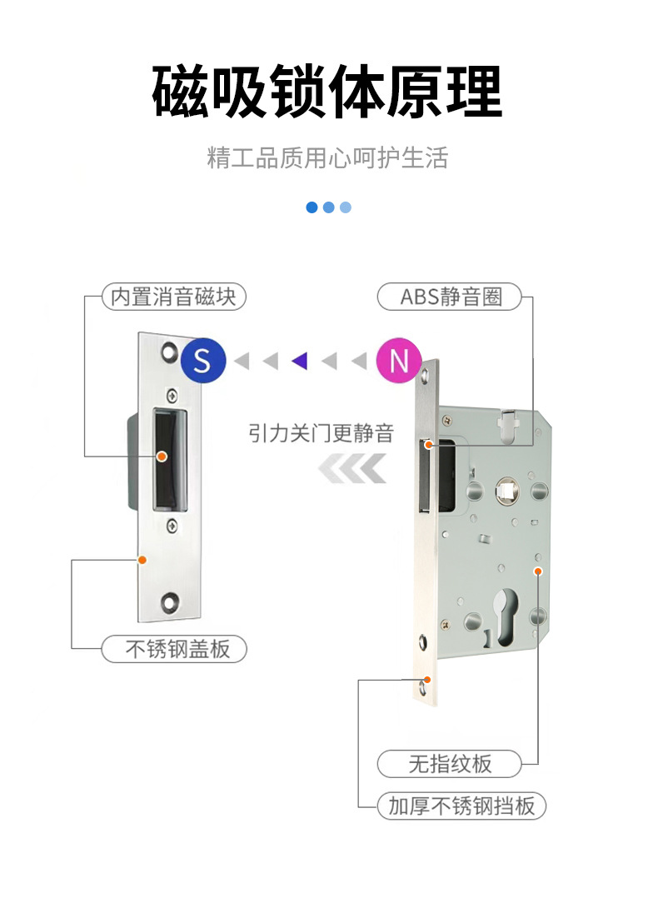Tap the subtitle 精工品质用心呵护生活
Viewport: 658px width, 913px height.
327,158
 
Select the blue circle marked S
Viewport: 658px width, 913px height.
203,360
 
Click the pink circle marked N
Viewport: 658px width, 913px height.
399,361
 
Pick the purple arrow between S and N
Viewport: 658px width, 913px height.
300,361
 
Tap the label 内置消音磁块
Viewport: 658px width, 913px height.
174,297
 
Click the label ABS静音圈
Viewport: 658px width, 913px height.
450,297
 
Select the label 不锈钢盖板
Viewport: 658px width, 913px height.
174,649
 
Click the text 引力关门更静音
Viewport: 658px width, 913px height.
321,433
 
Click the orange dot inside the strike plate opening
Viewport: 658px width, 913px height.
162,456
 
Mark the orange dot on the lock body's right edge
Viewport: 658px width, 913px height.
538,571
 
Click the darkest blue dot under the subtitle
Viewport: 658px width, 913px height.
312,207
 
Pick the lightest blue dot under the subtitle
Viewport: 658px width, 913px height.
346,207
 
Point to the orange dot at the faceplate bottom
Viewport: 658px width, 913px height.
428,680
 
